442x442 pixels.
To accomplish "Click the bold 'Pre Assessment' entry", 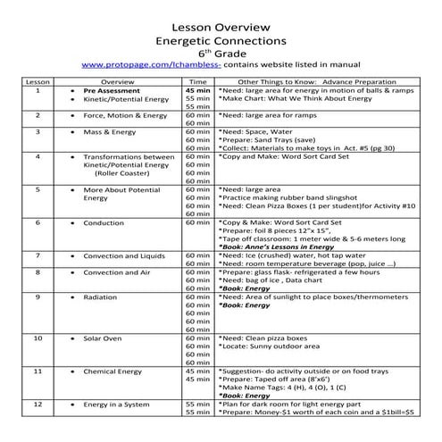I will click(x=112, y=91).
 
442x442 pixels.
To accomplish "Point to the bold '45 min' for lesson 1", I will click(x=197, y=91).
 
